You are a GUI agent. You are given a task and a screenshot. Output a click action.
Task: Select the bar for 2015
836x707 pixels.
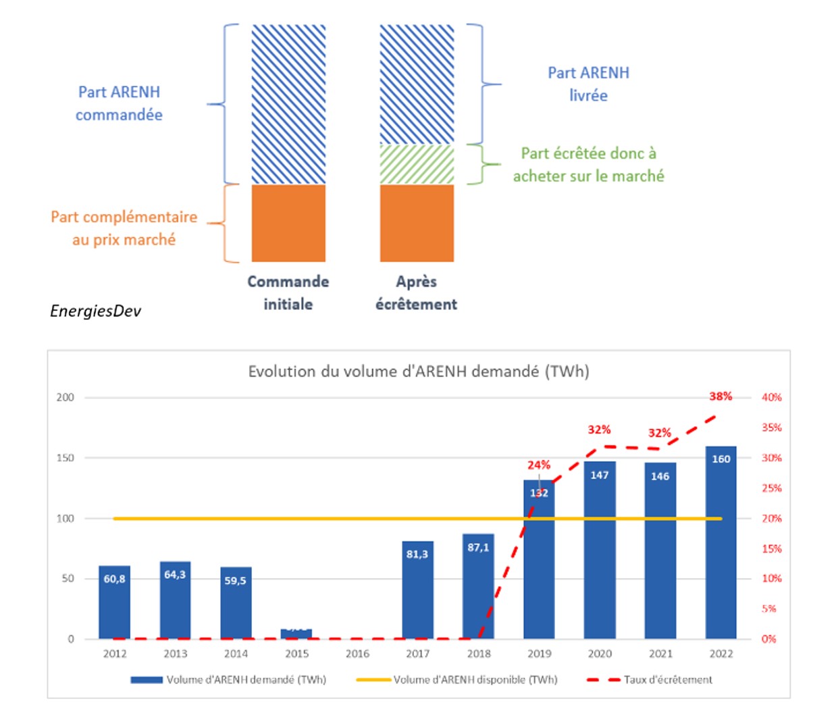coord(296,634)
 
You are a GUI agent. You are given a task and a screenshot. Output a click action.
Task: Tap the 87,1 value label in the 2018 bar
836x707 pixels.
coord(478,548)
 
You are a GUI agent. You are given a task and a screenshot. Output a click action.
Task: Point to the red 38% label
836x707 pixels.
coord(721,396)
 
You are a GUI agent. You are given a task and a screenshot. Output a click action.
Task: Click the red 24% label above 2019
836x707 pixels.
coord(539,465)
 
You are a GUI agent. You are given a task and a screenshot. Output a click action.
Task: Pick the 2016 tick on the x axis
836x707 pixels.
coord(357,654)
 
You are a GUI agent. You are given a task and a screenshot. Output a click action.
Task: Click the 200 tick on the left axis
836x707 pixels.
coord(66,397)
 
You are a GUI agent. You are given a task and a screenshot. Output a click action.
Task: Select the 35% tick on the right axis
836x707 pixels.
coord(771,427)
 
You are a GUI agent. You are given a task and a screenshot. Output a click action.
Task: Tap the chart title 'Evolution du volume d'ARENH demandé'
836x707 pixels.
coord(419,371)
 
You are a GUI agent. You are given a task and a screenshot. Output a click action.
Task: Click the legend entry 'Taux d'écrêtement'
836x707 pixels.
coord(667,680)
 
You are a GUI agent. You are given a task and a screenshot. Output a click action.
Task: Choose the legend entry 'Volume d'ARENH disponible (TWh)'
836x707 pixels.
coord(475,680)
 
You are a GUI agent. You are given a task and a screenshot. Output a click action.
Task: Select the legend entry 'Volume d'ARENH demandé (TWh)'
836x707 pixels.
coord(246,680)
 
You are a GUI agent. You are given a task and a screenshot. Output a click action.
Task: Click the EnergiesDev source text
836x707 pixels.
coord(95,311)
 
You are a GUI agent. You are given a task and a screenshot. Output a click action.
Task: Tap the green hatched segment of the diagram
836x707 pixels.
coord(417,164)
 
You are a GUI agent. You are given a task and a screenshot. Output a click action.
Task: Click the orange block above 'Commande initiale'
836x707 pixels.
coord(288,223)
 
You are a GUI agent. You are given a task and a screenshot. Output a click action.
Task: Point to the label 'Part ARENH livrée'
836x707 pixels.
coord(588,84)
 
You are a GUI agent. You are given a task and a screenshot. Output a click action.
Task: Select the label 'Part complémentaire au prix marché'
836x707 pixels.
coord(124,228)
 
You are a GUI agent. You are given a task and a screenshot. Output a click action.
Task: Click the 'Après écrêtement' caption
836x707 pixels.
coord(416,292)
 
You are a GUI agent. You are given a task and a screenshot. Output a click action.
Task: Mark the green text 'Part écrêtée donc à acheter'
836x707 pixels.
coord(588,164)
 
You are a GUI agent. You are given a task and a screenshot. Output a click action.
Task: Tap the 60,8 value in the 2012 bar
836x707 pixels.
coord(114,579)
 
